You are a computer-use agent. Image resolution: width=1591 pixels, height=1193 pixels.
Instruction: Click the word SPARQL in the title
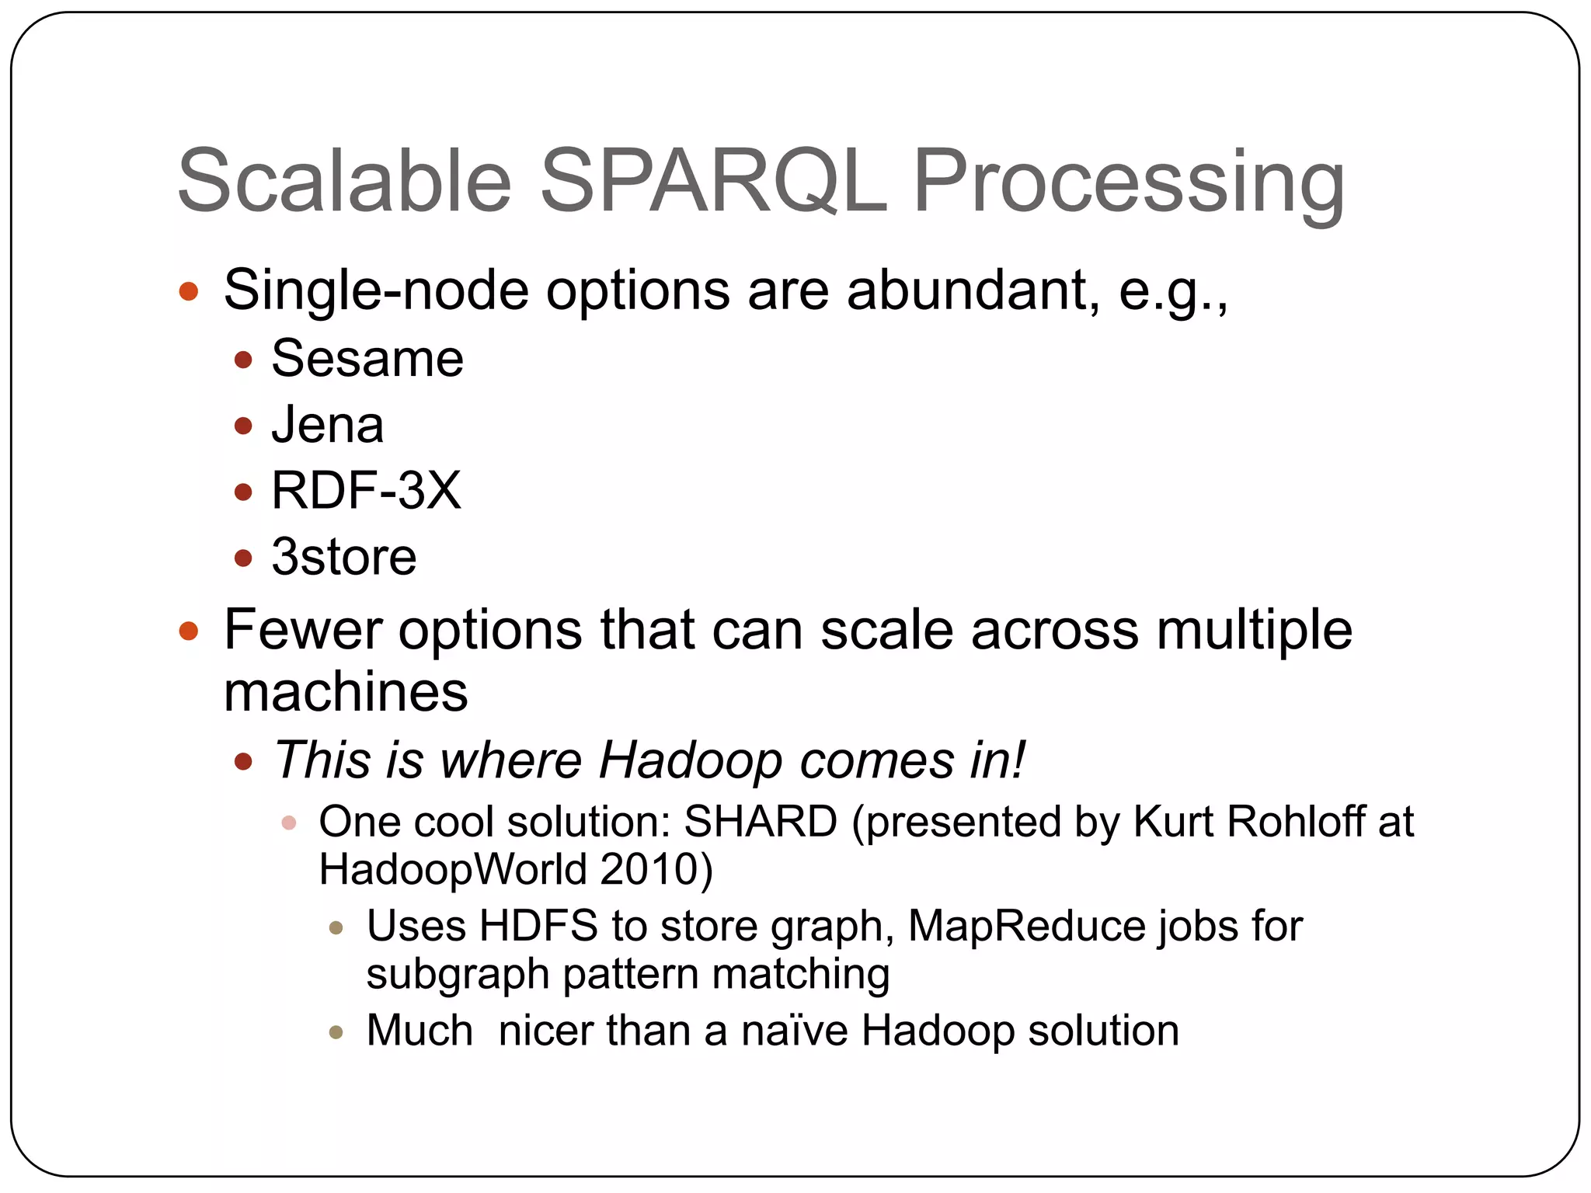[712, 183]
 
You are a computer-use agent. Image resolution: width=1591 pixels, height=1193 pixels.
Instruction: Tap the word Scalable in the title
[344, 183]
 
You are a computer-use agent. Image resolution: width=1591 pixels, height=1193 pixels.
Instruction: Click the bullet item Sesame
[367, 359]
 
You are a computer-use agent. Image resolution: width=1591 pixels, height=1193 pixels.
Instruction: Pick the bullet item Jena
[327, 426]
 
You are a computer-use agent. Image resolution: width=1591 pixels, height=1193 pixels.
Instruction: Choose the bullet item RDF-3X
[366, 491]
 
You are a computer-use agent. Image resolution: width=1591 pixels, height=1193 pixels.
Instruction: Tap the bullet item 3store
[343, 557]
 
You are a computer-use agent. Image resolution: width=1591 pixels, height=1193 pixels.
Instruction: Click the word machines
[346, 691]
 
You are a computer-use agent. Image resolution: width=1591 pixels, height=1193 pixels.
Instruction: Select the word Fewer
[302, 629]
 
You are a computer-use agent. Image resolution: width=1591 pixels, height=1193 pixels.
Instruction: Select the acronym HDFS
[538, 926]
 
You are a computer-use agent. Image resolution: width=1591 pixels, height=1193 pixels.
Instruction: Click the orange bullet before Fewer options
[189, 631]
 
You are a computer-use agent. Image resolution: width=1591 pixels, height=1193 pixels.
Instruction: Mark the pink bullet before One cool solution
[289, 823]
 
